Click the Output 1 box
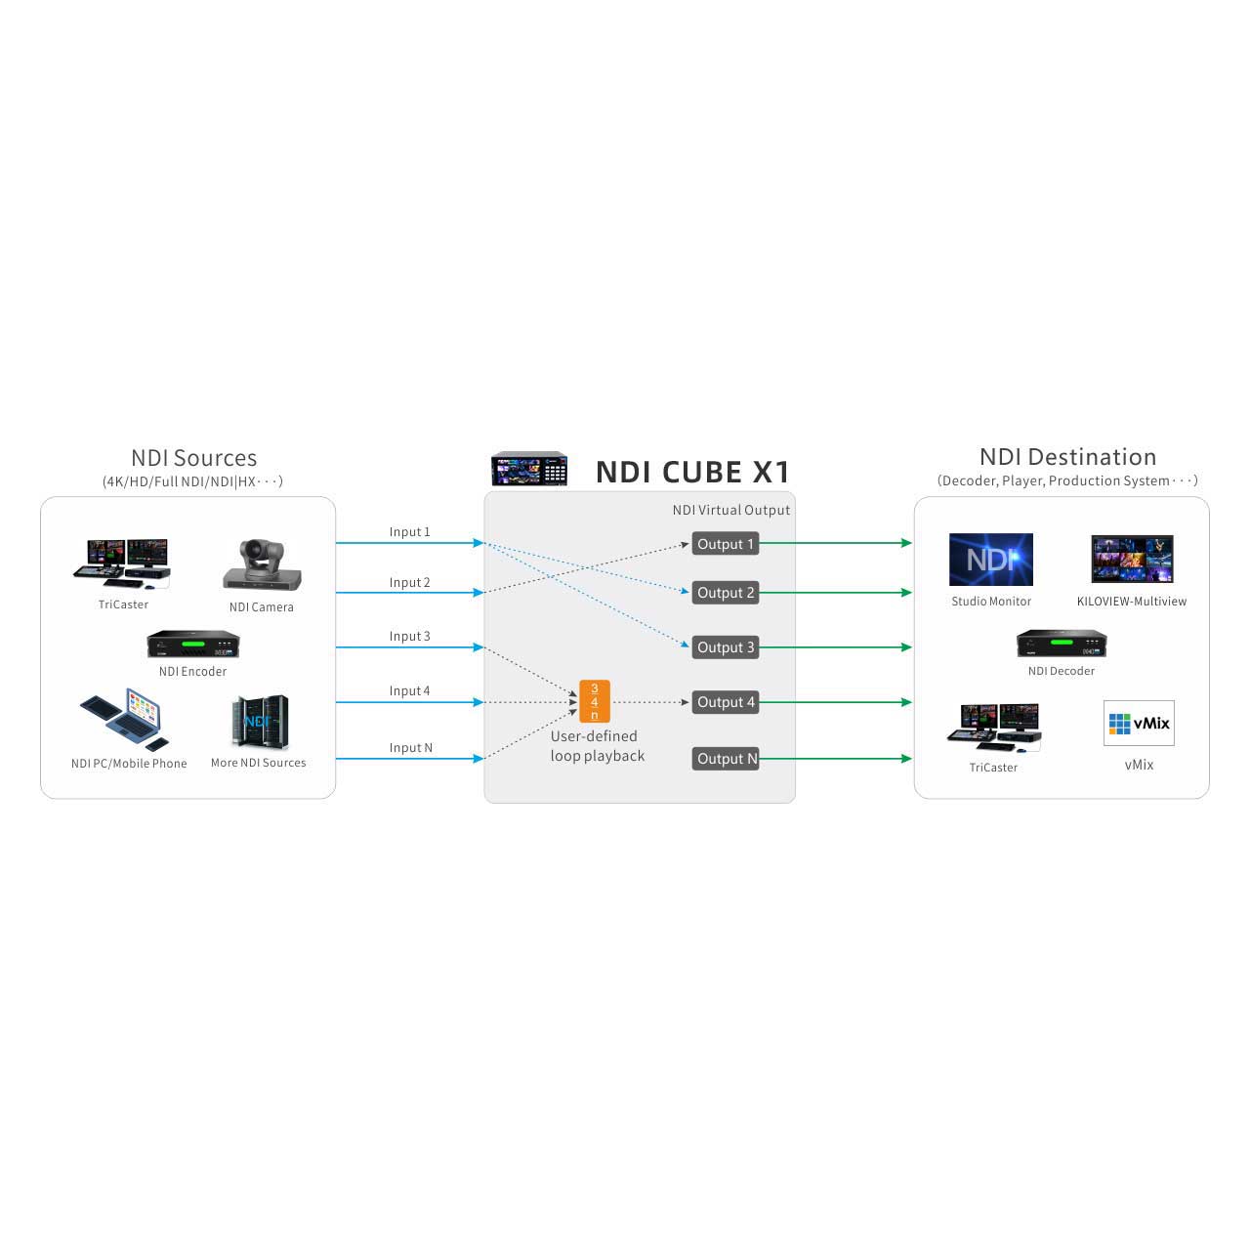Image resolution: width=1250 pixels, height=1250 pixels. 725,544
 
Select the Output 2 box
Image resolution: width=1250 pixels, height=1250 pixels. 725,593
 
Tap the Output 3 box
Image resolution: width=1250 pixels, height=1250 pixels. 725,647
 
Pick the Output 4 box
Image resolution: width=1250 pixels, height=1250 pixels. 725,702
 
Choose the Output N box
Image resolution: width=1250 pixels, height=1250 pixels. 726,759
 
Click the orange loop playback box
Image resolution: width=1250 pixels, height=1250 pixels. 594,701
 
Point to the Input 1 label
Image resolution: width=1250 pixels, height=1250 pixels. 409,532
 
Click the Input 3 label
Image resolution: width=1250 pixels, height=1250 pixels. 409,637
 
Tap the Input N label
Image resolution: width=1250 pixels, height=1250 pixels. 410,748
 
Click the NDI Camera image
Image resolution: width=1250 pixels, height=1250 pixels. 262,564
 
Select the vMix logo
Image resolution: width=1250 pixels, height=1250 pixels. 1139,724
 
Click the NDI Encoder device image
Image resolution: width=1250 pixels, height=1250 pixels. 193,645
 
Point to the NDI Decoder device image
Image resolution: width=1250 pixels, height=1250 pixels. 1062,644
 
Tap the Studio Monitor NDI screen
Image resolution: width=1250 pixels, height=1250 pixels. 990,560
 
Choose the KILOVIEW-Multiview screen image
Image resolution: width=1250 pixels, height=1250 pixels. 1132,560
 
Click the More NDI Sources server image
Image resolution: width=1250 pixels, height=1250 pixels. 259,723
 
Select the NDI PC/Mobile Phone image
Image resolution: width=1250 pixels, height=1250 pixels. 122,719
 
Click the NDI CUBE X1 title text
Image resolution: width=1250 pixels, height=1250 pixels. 692,473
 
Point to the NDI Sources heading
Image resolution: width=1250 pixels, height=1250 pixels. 193,458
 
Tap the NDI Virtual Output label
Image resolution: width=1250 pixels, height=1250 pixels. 730,510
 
